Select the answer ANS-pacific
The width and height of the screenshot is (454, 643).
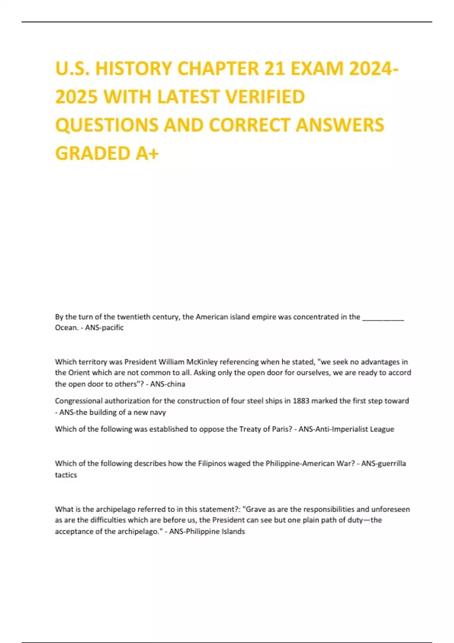click(x=104, y=328)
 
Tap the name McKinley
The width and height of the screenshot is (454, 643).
click(x=202, y=362)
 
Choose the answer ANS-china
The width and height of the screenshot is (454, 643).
click(x=168, y=384)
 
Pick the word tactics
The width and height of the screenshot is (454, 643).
click(x=66, y=475)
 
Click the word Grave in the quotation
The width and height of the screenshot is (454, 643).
click(x=256, y=509)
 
